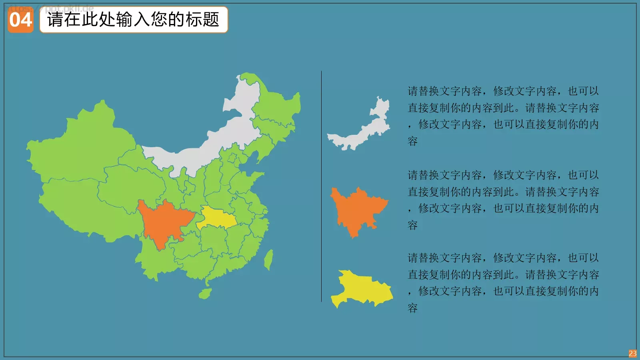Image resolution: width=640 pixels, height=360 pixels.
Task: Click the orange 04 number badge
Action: click(x=20, y=20)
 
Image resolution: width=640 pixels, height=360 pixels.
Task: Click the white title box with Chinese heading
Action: click(x=134, y=20)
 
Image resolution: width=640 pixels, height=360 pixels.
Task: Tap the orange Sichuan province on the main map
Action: click(x=162, y=222)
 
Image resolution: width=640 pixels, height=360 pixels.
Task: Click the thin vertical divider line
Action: click(x=321, y=186)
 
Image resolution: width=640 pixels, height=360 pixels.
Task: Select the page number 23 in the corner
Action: click(x=632, y=354)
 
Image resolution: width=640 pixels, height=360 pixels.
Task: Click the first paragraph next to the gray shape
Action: click(x=503, y=116)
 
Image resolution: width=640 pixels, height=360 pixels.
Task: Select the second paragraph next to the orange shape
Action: click(x=503, y=200)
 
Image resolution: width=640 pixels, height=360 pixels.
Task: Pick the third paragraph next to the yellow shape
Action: click(x=503, y=283)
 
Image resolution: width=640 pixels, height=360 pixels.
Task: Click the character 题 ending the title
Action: click(x=211, y=20)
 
